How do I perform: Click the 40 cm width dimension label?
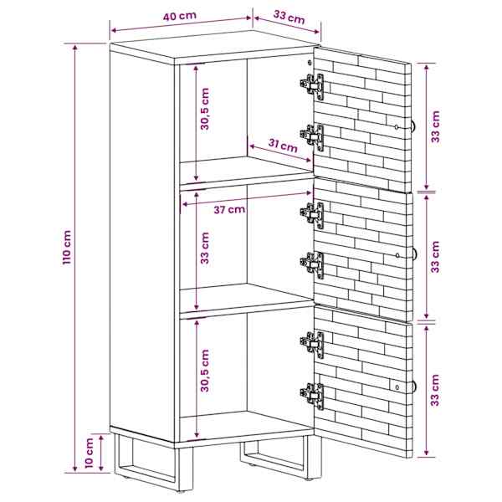pyautogui.click(x=180, y=16)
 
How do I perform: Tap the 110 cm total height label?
pyautogui.click(x=67, y=247)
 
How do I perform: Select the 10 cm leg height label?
pyautogui.click(x=90, y=453)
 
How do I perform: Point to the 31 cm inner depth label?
pyautogui.click(x=283, y=146)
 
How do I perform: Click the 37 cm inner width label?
pyautogui.click(x=229, y=210)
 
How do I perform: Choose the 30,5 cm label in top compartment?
pyautogui.click(x=205, y=109)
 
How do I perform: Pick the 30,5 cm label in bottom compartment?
pyautogui.click(x=205, y=371)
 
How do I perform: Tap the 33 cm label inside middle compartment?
pyautogui.click(x=205, y=248)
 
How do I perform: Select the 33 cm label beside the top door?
pyautogui.click(x=435, y=126)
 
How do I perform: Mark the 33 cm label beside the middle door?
pyautogui.click(x=435, y=257)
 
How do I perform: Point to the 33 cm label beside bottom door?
pyautogui.click(x=435, y=390)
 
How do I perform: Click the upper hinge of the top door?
pyautogui.click(x=312, y=86)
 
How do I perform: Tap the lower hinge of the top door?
pyautogui.click(x=312, y=137)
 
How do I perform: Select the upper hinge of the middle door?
pyautogui.click(x=312, y=214)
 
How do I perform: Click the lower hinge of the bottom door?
pyautogui.click(x=312, y=396)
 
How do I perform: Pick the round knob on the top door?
pyautogui.click(x=413, y=125)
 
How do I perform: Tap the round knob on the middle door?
pyautogui.click(x=414, y=255)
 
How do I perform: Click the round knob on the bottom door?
pyautogui.click(x=414, y=387)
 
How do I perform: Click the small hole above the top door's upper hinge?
pyautogui.click(x=310, y=63)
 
